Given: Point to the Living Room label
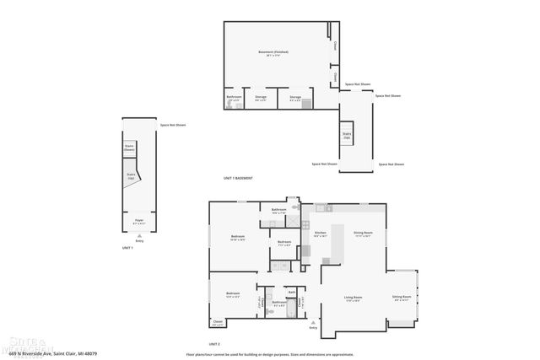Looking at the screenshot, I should click(x=353, y=298).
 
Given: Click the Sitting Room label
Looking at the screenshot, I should click(x=402, y=298).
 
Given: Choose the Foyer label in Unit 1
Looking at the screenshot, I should click(x=139, y=221).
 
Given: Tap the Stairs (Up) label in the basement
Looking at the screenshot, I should click(x=347, y=134).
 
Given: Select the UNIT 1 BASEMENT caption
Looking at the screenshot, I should click(x=238, y=179).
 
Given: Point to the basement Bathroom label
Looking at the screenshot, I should click(x=234, y=97).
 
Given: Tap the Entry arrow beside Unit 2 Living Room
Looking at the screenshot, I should click(x=314, y=323).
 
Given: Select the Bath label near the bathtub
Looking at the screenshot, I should click(x=291, y=293).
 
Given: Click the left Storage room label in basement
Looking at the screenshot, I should click(x=261, y=97).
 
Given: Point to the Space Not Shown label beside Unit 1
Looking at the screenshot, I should click(x=173, y=126).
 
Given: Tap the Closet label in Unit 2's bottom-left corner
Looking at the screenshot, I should click(x=218, y=322).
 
